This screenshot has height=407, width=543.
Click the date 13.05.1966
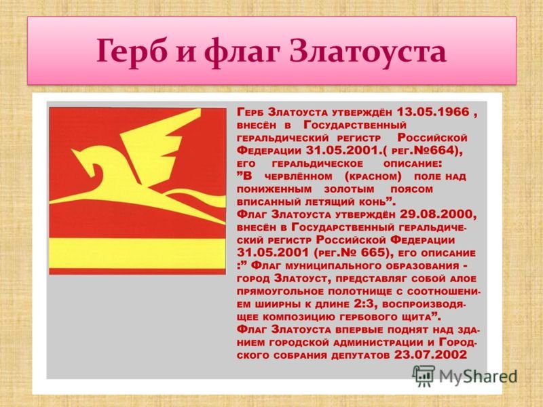pos(433,112)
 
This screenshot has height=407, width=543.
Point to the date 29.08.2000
pos(438,214)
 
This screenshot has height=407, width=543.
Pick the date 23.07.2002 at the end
pos(430,355)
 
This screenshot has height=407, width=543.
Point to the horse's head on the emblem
pos(87,163)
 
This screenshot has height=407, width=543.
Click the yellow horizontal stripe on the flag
pos(138,253)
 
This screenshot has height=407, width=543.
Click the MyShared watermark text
pos(478,376)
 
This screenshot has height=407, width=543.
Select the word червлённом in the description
pos(298,176)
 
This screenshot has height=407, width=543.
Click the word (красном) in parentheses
pos(373,176)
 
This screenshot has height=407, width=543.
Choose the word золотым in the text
pos(349,190)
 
